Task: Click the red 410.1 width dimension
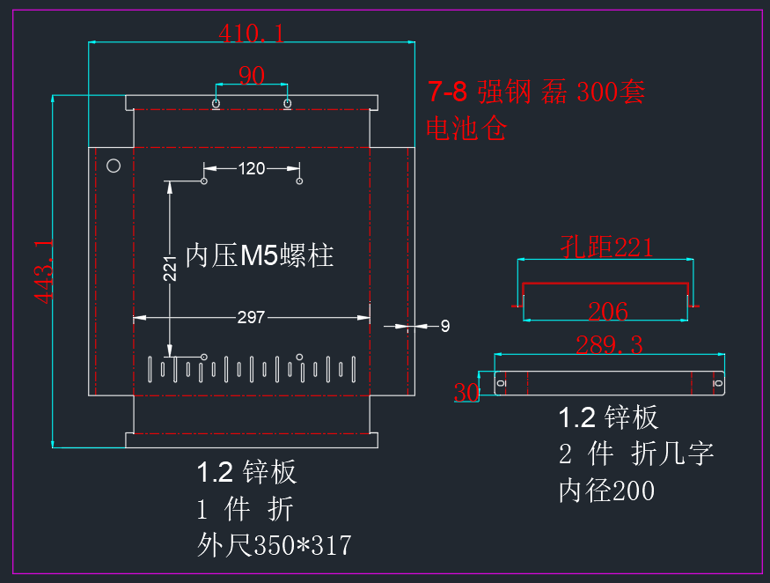pyautogui.click(x=252, y=33)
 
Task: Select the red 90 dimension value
pyautogui.click(x=252, y=75)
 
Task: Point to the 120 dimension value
pyautogui.click(x=252, y=168)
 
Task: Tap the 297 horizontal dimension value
pyautogui.click(x=251, y=317)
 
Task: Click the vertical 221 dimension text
pyautogui.click(x=170, y=269)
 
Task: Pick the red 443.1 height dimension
pyautogui.click(x=44, y=271)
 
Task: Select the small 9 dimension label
pyautogui.click(x=445, y=326)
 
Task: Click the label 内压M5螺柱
pyautogui.click(x=260, y=255)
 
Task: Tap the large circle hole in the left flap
pyautogui.click(x=114, y=166)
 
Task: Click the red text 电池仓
pyautogui.click(x=466, y=129)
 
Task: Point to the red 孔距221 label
pyautogui.click(x=606, y=247)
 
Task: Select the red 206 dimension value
pyautogui.click(x=608, y=312)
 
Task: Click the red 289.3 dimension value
pyautogui.click(x=609, y=344)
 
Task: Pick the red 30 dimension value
pyautogui.click(x=466, y=392)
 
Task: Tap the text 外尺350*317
pyautogui.click(x=275, y=545)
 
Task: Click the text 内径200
pyautogui.click(x=606, y=491)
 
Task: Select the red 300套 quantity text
pyautogui.click(x=611, y=92)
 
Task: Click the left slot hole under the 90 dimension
pyautogui.click(x=216, y=103)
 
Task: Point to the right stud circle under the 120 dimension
pyautogui.click(x=299, y=181)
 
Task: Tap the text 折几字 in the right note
pyautogui.click(x=671, y=454)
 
